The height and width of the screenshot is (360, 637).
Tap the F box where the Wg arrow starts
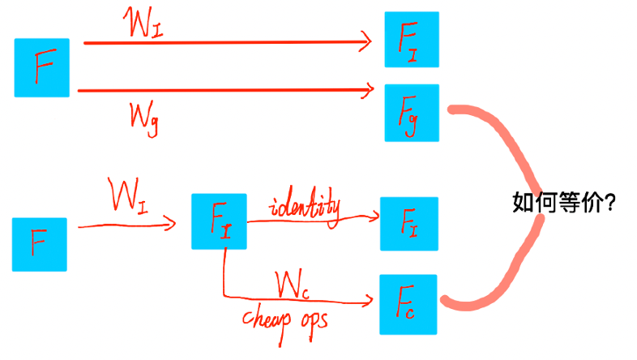[42, 67]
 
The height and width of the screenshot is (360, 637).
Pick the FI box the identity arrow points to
[408, 223]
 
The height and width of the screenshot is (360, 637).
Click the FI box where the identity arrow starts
[219, 221]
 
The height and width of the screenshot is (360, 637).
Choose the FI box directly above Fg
[411, 40]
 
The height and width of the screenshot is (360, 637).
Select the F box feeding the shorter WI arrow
[39, 243]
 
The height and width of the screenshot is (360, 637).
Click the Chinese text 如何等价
[556, 203]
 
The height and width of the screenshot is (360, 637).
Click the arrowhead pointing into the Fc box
[369, 302]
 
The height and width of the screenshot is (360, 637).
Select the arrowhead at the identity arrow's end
[374, 217]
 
